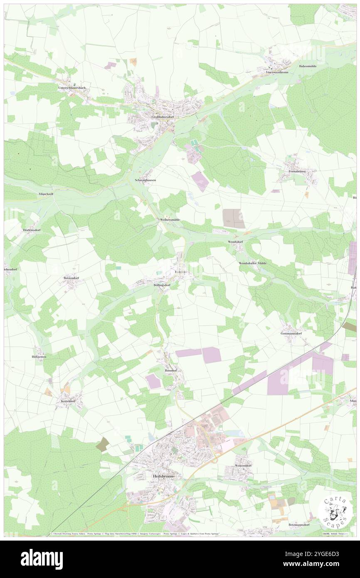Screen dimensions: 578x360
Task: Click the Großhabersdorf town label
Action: [x=163, y=117]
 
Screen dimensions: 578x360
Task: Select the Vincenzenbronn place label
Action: [x=277, y=72]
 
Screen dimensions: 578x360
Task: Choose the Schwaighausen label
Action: [x=145, y=180]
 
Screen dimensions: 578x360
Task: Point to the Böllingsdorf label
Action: [x=160, y=286]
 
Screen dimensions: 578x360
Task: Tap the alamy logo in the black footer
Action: [x=42, y=559]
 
